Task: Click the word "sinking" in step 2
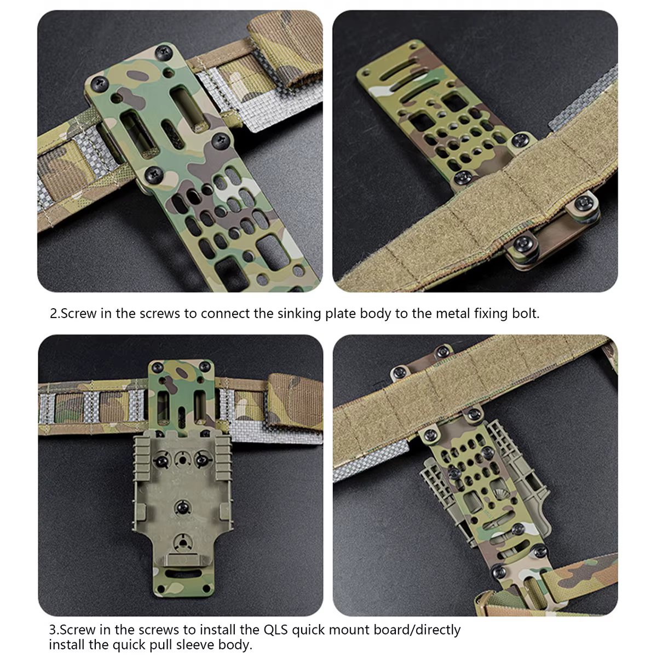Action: point(299,314)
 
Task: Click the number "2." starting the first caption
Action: point(55,314)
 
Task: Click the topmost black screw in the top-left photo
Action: point(164,53)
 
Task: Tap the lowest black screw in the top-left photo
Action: point(154,174)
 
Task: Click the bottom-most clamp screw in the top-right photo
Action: point(523,244)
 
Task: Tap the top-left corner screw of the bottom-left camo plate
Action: point(157,367)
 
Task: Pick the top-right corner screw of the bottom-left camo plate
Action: point(204,367)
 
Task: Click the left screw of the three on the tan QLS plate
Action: point(162,460)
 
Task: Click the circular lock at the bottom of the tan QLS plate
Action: point(182,543)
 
